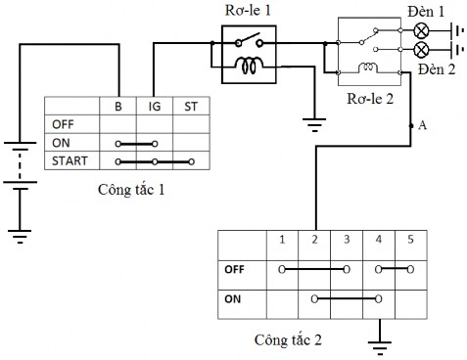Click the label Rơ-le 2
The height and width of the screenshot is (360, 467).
point(369,98)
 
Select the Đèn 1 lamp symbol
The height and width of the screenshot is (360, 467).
point(422,28)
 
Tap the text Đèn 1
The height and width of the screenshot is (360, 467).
point(425,10)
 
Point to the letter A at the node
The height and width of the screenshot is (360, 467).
point(422,125)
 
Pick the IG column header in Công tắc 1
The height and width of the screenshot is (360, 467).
point(154,106)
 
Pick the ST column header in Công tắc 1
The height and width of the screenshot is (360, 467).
point(189,106)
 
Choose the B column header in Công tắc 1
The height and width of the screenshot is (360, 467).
point(117,106)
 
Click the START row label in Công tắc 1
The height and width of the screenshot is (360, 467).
point(70,160)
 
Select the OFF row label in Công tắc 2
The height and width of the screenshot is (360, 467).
point(235,268)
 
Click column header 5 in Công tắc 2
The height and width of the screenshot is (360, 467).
point(410,239)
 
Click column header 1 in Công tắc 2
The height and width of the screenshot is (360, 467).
point(281,239)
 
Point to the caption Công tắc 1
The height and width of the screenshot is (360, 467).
point(131,188)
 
